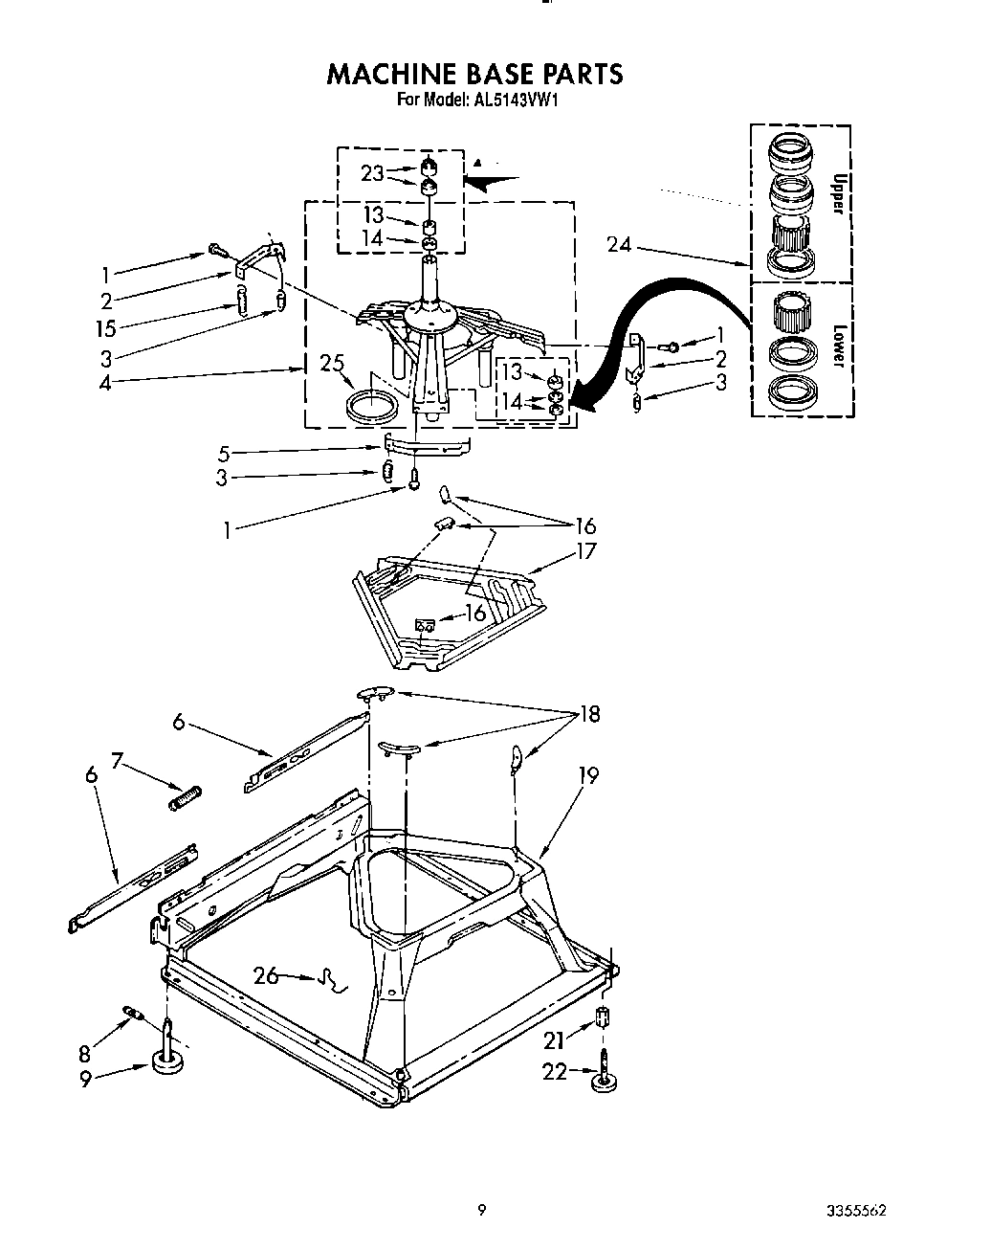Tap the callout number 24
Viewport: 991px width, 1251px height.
point(619,245)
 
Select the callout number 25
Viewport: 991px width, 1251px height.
point(331,363)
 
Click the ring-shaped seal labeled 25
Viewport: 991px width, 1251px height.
point(370,404)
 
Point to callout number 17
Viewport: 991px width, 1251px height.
point(585,551)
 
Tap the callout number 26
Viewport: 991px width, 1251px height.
point(266,975)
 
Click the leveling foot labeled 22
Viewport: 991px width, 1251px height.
point(605,1077)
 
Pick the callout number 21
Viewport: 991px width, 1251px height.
point(554,1039)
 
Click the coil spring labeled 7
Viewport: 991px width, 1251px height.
point(186,796)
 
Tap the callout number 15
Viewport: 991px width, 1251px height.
point(105,328)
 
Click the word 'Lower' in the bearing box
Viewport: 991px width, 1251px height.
point(839,346)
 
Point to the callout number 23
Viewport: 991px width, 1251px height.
point(372,173)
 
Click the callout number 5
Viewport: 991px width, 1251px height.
point(223,453)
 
